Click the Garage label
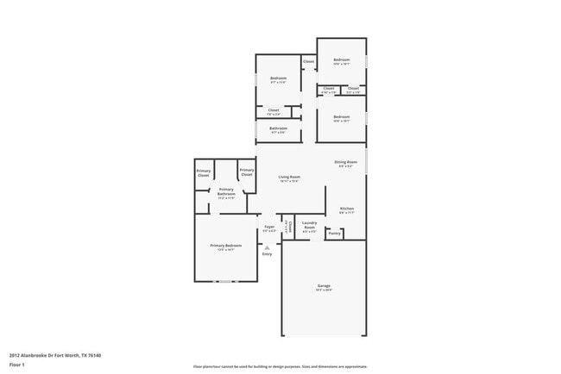pyautogui.click(x=324, y=286)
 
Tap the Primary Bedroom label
pyautogui.click(x=226, y=246)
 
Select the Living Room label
pyautogui.click(x=289, y=177)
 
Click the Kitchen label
pyautogui.click(x=347, y=209)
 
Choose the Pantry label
pyautogui.click(x=335, y=233)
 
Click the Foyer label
pyautogui.click(x=269, y=228)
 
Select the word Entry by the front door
pyautogui.click(x=267, y=254)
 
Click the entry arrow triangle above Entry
pyautogui.click(x=267, y=247)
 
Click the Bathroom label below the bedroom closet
pyautogui.click(x=278, y=128)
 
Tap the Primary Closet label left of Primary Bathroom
pyautogui.click(x=204, y=172)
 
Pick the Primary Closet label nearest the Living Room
pyautogui.click(x=247, y=172)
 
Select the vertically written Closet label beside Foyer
pyautogui.click(x=288, y=226)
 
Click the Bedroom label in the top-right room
pyautogui.click(x=342, y=59)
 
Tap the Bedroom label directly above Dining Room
pyautogui.click(x=342, y=116)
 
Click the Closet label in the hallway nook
pyautogui.click(x=308, y=61)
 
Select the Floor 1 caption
pyautogui.click(x=18, y=365)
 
